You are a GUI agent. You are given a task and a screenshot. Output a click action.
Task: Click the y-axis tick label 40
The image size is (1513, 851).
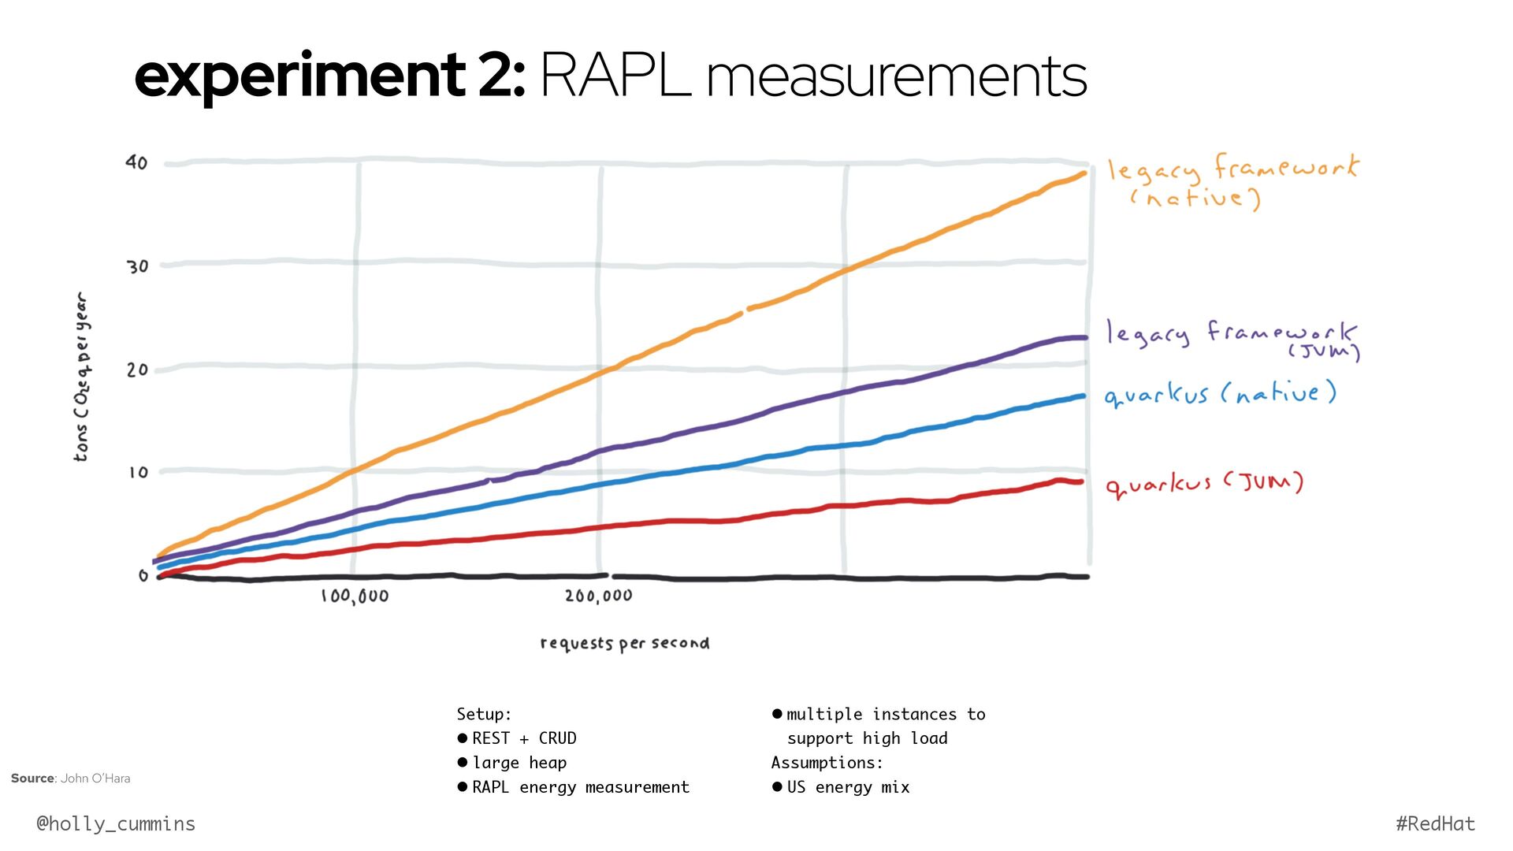coord(136,162)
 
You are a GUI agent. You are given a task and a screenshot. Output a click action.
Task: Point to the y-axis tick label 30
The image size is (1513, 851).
coord(138,266)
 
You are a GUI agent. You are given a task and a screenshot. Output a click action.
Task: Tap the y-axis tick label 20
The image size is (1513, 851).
coord(137,370)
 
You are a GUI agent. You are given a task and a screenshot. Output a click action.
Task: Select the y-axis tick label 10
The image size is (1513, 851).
coord(138,473)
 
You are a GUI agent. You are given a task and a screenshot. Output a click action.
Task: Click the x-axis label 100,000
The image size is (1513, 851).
coord(355,596)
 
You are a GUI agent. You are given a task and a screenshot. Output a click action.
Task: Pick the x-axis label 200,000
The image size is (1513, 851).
coord(599,596)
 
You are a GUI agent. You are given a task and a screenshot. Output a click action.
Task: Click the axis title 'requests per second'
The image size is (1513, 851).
coord(625,644)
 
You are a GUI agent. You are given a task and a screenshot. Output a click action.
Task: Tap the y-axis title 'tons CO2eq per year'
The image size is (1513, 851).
coord(82,377)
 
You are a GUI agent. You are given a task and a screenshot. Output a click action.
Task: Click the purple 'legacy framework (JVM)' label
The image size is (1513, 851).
coord(1232,337)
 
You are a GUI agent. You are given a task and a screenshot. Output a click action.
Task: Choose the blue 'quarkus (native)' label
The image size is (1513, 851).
coord(1220,393)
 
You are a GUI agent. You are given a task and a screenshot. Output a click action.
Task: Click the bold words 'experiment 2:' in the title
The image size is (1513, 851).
coord(329,76)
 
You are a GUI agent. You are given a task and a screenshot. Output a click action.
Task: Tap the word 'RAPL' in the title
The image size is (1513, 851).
coord(615,76)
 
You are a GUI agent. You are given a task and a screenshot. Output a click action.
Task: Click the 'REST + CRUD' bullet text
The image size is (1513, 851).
coord(524,738)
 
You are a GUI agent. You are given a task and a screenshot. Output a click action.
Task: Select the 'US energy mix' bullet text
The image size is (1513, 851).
coord(848,787)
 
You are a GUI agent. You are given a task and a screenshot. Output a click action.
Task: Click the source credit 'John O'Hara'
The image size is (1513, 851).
coord(95,779)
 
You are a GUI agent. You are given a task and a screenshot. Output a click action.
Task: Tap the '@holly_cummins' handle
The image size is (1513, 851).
coord(116,824)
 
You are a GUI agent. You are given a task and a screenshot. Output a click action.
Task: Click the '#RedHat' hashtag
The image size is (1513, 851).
coord(1435,824)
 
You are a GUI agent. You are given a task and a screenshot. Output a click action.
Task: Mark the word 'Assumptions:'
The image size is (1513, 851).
coord(827,763)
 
